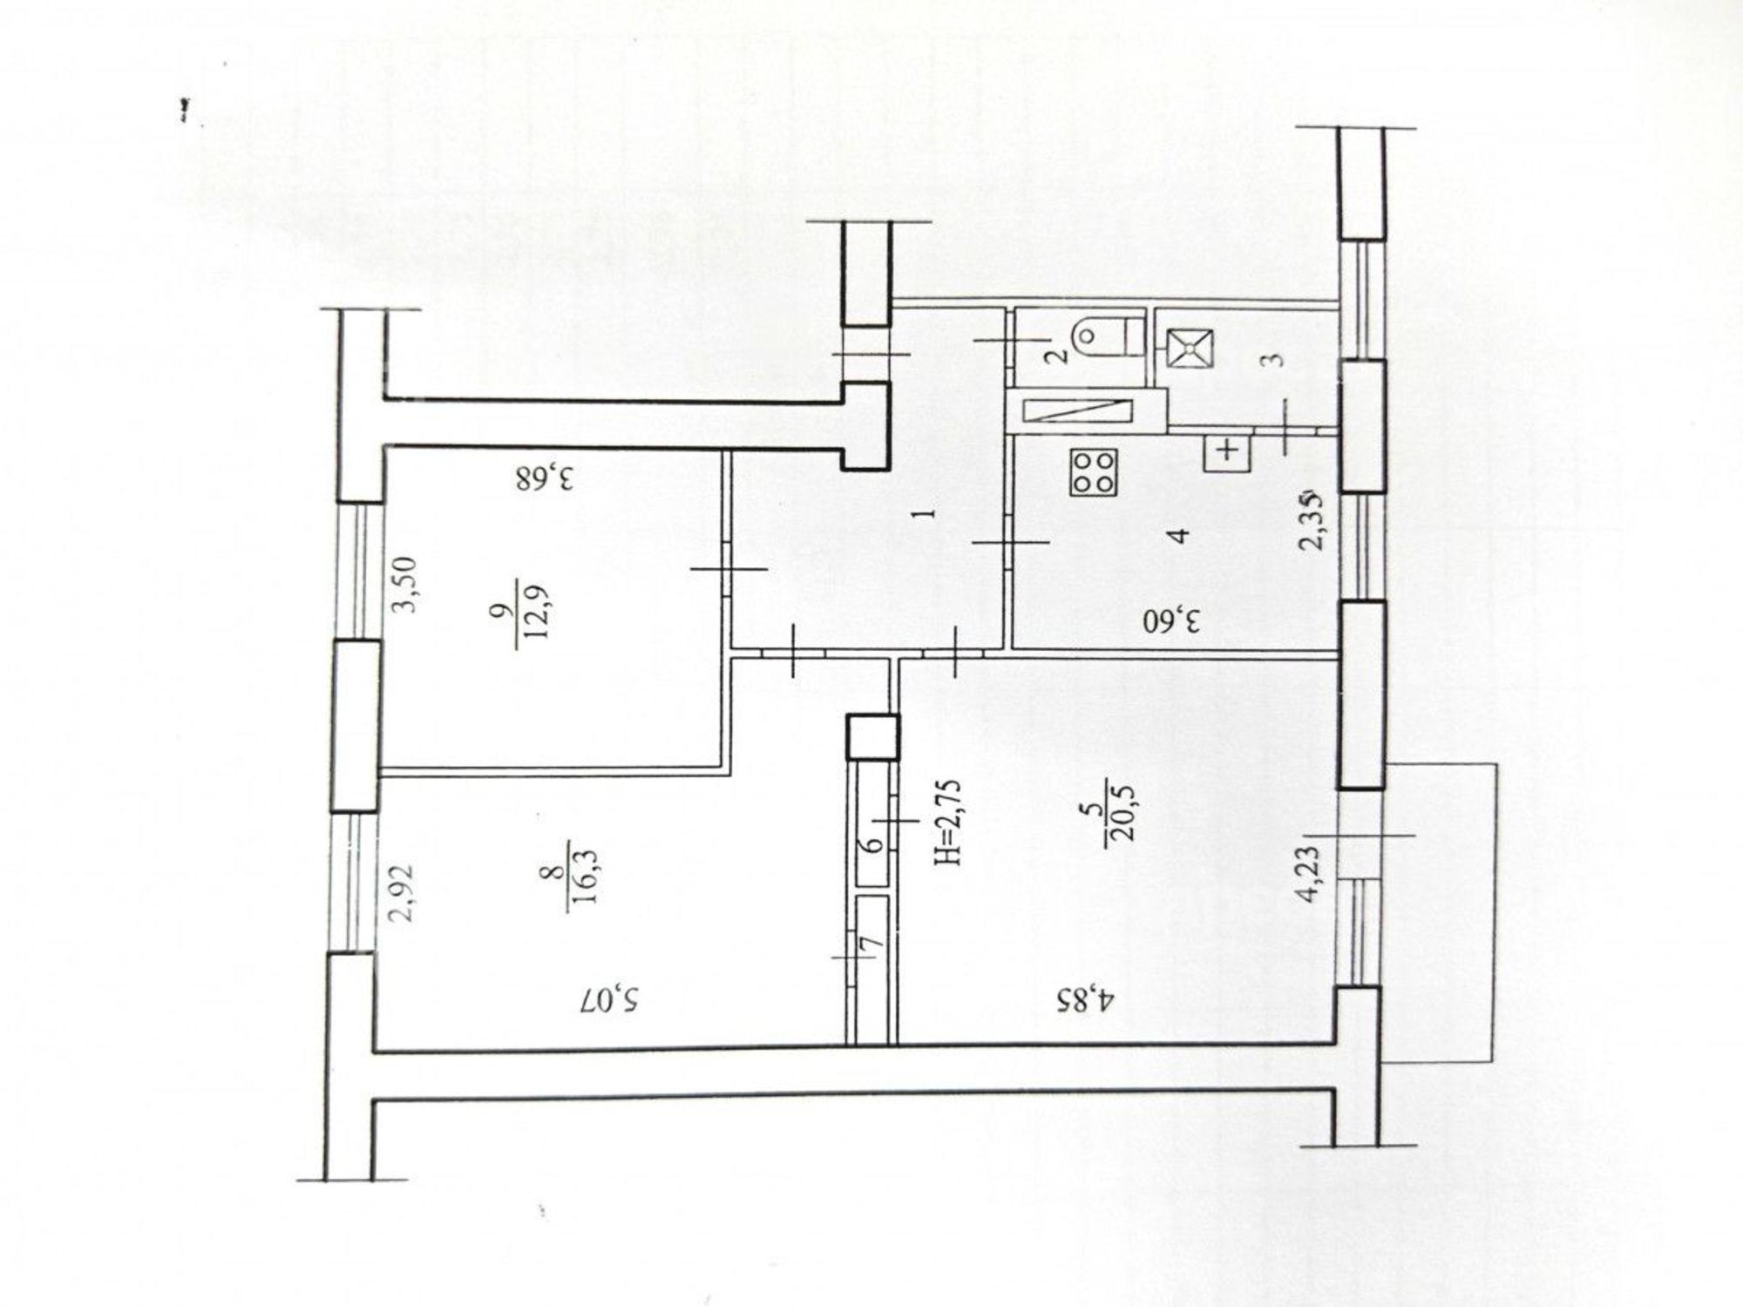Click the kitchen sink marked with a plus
point(1227,450)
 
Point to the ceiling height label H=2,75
point(947,823)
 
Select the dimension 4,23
point(1311,875)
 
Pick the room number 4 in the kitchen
point(1181,535)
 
